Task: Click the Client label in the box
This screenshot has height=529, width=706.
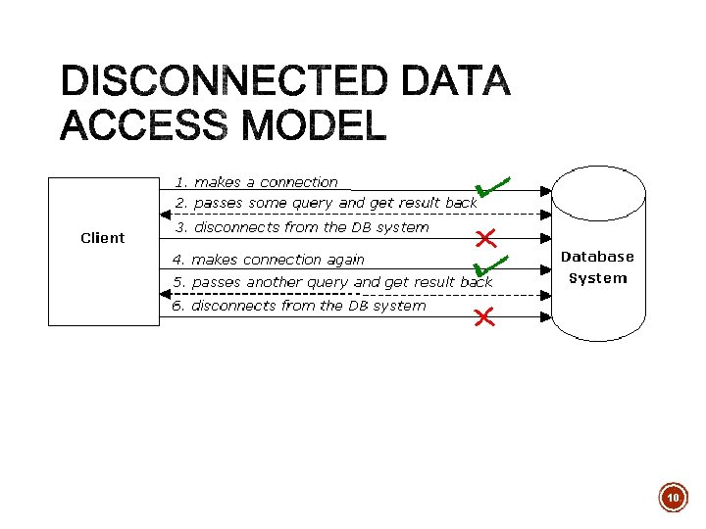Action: pos(102,238)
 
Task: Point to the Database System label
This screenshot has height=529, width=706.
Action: pos(597,267)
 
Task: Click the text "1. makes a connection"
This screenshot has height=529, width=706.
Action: pos(256,182)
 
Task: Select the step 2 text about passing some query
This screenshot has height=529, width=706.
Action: pos(326,203)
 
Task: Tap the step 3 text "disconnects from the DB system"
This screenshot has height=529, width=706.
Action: pos(302,227)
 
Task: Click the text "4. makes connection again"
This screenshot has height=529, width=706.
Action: pos(268,260)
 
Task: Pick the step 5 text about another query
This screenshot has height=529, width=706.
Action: pos(332,282)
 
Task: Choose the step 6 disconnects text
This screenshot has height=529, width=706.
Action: pos(299,306)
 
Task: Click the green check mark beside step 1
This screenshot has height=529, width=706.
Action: pos(489,186)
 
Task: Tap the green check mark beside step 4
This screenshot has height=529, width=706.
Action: pos(486,264)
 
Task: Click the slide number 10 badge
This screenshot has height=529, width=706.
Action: pos(674,498)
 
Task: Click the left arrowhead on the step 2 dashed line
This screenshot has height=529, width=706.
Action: pos(165,214)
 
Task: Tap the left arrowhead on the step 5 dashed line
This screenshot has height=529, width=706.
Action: pos(165,293)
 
